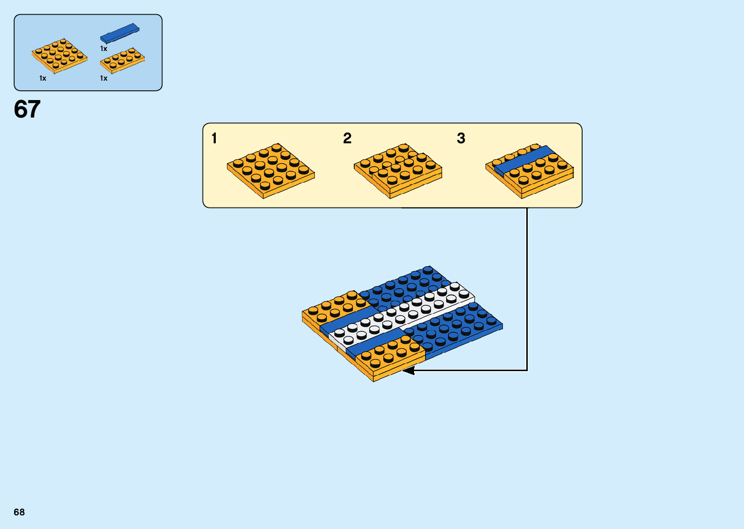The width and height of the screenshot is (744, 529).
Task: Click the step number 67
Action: [x=27, y=109]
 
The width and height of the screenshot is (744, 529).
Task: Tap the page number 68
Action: [x=19, y=512]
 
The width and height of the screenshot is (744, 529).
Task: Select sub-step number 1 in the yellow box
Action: [x=214, y=138]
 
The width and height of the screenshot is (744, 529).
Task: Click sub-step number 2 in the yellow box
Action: [x=347, y=138]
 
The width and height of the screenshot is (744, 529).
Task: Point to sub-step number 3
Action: [x=461, y=138]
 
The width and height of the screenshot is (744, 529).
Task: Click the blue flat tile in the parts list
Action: [x=120, y=33]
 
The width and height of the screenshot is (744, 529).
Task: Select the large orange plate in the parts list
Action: [x=59, y=56]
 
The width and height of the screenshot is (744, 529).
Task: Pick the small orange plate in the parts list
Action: [x=122, y=60]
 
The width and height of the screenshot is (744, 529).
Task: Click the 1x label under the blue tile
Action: [x=104, y=49]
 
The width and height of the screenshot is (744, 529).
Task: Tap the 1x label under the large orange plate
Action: [x=43, y=78]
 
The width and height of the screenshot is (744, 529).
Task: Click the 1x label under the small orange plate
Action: [x=104, y=78]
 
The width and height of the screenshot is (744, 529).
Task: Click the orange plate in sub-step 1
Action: [x=271, y=170]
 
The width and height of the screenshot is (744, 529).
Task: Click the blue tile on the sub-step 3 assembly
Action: [x=523, y=160]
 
